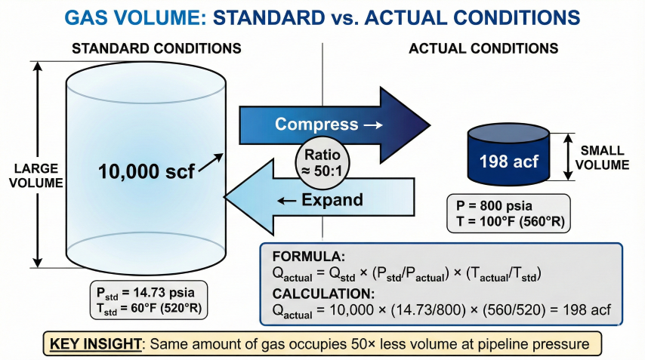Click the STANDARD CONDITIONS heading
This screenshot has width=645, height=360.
pyautogui.click(x=156, y=48)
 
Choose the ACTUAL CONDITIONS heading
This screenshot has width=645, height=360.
pyautogui.click(x=483, y=48)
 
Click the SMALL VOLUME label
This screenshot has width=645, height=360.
pyautogui.click(x=606, y=157)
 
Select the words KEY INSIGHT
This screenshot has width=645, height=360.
pyautogui.click(x=96, y=344)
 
